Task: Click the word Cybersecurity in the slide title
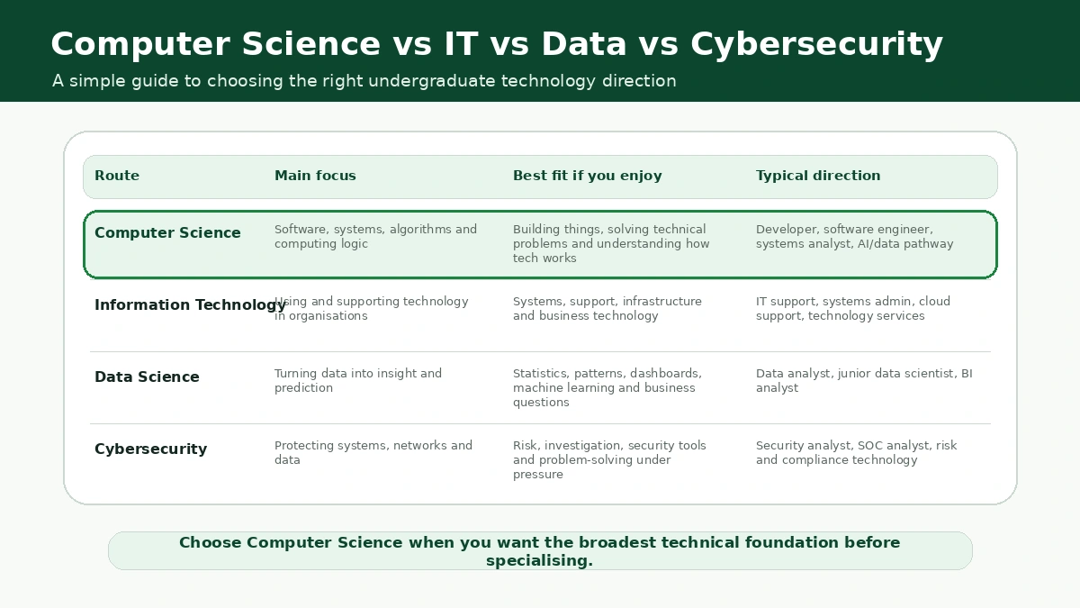tap(817, 44)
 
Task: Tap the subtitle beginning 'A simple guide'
tap(364, 80)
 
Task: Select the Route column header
tap(117, 175)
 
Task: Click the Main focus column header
tap(315, 175)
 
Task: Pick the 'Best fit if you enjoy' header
tap(587, 176)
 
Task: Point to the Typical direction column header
tap(818, 176)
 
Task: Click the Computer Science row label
tap(167, 232)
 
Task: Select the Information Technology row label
tap(191, 305)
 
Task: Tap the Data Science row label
tap(147, 377)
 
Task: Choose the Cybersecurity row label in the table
tap(151, 449)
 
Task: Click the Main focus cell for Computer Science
tap(375, 236)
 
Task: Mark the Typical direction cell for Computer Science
tap(854, 236)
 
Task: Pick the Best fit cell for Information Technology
tap(607, 308)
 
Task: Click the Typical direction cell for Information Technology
tap(853, 308)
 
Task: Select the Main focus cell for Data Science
tap(358, 380)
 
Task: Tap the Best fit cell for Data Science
tap(607, 387)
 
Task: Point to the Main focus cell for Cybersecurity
tap(373, 452)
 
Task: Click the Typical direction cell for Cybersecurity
tap(856, 452)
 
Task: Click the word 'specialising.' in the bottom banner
tap(539, 560)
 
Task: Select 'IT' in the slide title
tap(461, 44)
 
